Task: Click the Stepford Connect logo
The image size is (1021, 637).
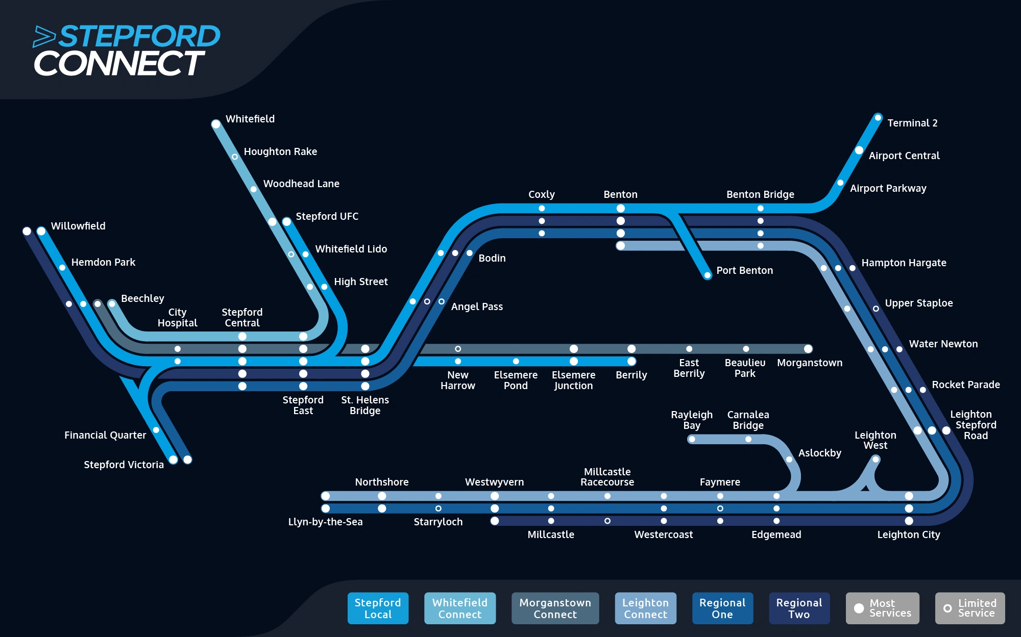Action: pos(127,50)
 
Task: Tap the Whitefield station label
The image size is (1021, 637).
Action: pos(250,119)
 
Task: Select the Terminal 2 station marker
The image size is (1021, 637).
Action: pos(878,118)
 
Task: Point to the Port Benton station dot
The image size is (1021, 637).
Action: pos(708,275)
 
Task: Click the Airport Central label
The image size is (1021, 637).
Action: pos(904,156)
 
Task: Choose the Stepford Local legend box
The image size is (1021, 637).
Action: pos(378,608)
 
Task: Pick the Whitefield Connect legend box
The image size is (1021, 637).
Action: pos(459,608)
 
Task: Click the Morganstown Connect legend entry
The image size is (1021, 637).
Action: pos(555,608)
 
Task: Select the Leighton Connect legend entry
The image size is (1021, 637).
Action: pos(645,608)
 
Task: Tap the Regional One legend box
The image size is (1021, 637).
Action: pos(722,608)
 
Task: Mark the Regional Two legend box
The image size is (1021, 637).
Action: pos(799,608)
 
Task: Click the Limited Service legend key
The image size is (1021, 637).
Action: pos(970,608)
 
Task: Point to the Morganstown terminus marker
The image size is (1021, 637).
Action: pos(808,349)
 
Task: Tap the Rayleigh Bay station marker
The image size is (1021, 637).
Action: pos(692,439)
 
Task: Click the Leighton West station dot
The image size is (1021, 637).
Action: pos(876,460)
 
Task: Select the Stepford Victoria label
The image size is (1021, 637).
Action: pos(124,465)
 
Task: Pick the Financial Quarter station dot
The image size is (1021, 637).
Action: pos(156,430)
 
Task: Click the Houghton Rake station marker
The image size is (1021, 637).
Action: pos(235,157)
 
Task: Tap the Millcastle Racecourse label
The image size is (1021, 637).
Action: pos(607,477)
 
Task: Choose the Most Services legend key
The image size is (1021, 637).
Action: pos(882,608)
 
